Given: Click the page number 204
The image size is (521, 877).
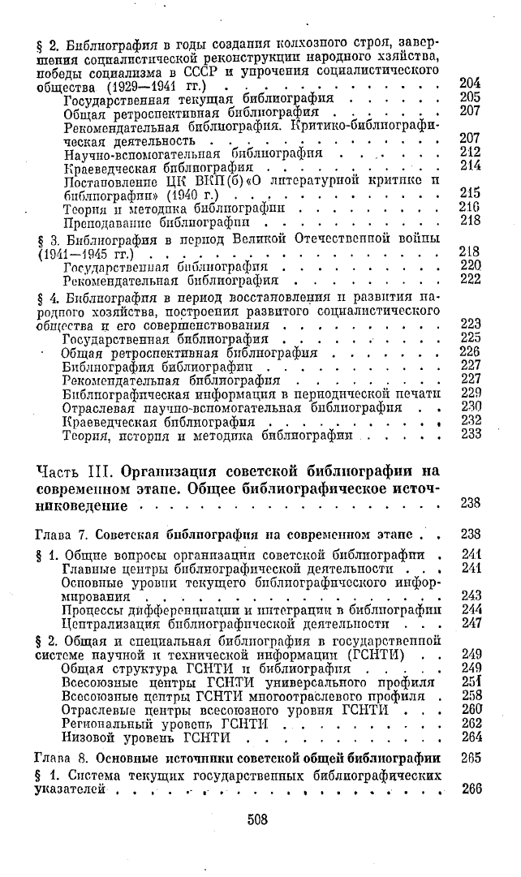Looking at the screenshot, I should [x=470, y=83].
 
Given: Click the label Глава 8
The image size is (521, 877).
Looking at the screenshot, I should [x=60, y=758].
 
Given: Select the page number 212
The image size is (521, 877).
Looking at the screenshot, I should [x=470, y=152].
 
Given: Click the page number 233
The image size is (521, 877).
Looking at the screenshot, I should [x=470, y=434].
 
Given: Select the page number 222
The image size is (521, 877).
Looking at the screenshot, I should [x=470, y=280].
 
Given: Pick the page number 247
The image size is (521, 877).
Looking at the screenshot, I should [x=470, y=624].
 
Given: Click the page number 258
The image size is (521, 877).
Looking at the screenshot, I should [x=470, y=695].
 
